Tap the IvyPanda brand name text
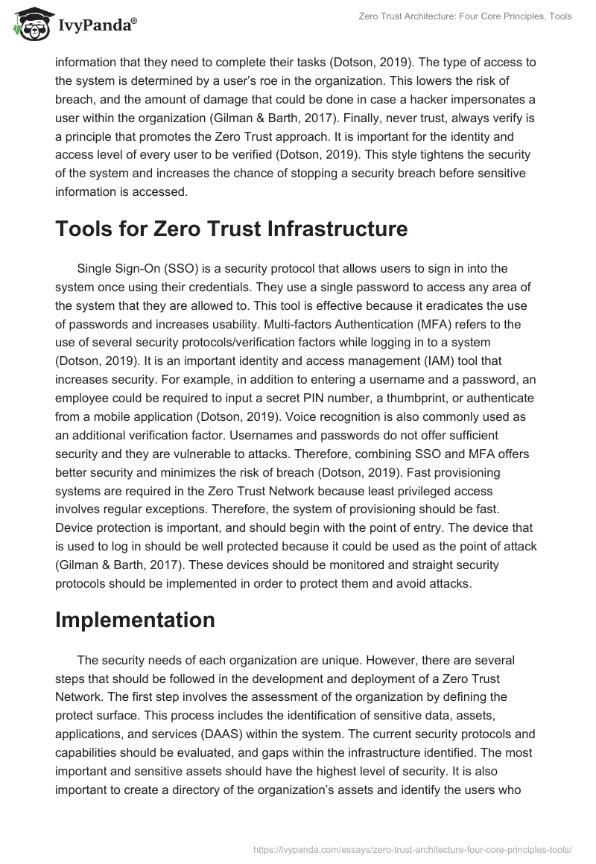point(95,26)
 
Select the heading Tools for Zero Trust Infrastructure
point(231,229)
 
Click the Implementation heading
point(135,620)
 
